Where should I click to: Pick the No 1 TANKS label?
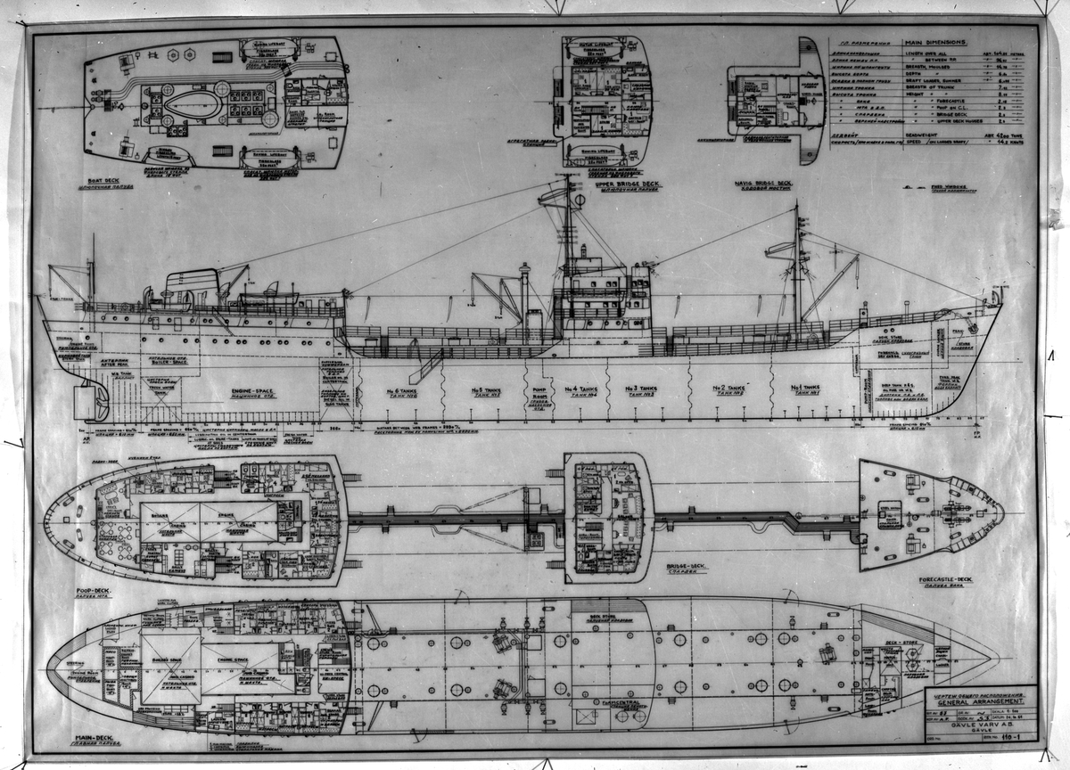(806, 389)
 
